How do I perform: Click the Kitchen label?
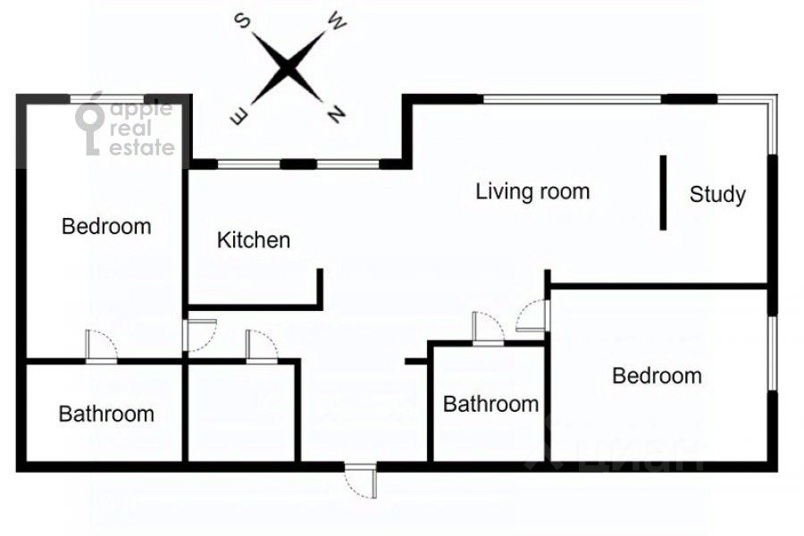point(254,240)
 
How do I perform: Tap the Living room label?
point(532,192)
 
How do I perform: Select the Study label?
point(717,195)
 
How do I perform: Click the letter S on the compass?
point(242,22)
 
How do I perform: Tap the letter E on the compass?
point(239,116)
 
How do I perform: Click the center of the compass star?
point(288,68)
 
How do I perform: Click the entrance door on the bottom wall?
point(361,481)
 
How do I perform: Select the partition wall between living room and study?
point(663,193)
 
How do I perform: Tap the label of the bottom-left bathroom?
point(106,414)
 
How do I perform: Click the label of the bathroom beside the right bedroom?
point(490,404)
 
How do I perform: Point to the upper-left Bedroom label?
point(106,226)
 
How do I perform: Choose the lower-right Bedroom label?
point(657,376)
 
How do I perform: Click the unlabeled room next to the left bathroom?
point(241,413)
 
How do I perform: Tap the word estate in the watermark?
point(142,147)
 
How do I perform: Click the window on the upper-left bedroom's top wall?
point(106,99)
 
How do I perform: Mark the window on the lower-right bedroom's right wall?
point(772,354)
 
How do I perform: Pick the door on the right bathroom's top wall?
point(488,328)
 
